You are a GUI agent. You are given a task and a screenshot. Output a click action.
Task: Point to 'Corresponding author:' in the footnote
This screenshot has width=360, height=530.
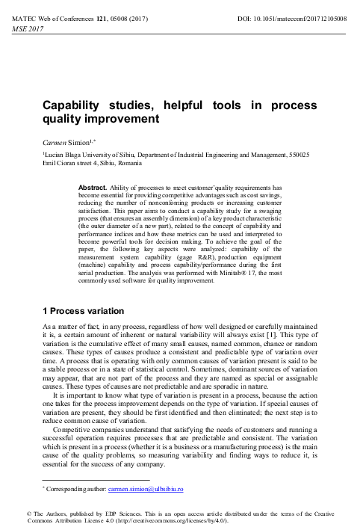76,489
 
